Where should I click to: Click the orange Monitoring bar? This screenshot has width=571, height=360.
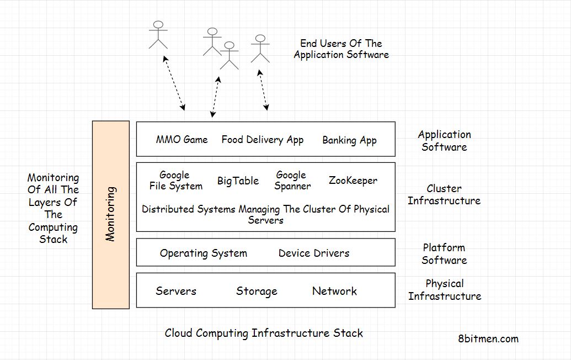(x=111, y=215)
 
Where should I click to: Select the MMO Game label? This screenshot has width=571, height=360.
(x=182, y=140)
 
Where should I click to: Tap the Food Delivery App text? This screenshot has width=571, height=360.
(x=262, y=140)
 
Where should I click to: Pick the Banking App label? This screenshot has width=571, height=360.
(x=349, y=140)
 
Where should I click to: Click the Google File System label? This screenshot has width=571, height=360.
(x=176, y=181)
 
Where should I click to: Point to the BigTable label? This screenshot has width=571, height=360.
(x=238, y=181)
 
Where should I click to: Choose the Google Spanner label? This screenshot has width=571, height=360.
(x=292, y=181)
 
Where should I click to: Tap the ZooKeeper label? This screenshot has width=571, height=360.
(x=353, y=181)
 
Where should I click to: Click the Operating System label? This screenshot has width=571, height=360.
(x=203, y=253)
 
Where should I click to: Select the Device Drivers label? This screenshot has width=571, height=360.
(x=313, y=253)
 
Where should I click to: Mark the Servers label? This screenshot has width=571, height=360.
(x=176, y=291)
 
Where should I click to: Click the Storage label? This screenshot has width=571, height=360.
(x=257, y=291)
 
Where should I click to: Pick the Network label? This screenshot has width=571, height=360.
(x=334, y=291)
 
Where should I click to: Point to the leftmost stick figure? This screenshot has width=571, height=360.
(x=158, y=35)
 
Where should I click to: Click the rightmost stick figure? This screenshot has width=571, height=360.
(x=260, y=49)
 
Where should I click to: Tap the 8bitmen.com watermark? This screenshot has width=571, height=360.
(x=488, y=338)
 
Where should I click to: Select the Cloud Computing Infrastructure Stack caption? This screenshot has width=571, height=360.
(x=264, y=333)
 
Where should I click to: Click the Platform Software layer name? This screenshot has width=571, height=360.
(x=444, y=254)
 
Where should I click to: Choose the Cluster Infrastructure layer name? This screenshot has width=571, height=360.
(x=444, y=194)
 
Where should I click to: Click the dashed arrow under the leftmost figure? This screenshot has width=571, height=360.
(x=174, y=83)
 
